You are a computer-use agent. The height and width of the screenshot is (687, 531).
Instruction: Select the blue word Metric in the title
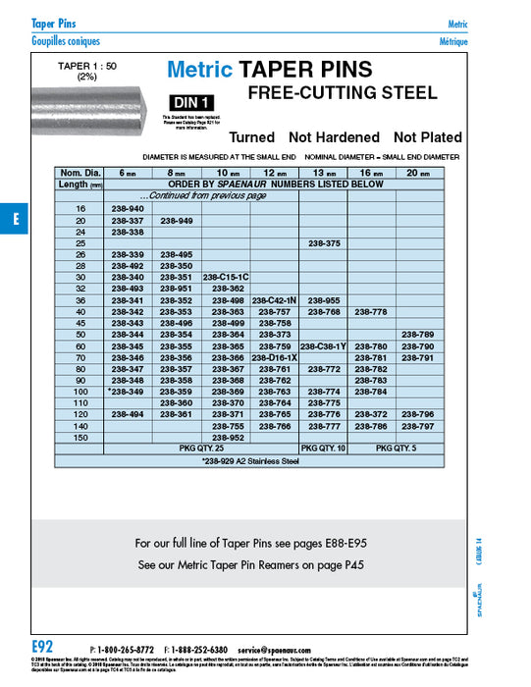pos(199,70)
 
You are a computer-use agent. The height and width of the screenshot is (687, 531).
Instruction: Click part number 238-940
pos(128,210)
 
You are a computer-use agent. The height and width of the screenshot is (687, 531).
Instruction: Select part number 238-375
pos(324,242)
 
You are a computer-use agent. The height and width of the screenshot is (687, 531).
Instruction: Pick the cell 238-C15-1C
pos(226,277)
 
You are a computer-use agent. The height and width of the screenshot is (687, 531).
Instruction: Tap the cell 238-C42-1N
pos(275,299)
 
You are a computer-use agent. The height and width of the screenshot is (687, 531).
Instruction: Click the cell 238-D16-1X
pos(275,358)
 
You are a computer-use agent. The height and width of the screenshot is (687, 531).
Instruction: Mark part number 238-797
pos(417,427)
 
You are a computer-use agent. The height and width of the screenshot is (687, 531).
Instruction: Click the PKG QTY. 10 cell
pos(324,448)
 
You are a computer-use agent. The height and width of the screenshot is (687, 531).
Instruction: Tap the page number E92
pos(41,647)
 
